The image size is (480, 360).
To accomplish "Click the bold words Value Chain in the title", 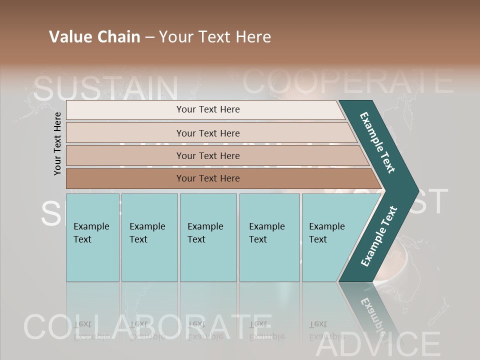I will coord(94,37).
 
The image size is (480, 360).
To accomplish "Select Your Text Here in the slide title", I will coord(215,37).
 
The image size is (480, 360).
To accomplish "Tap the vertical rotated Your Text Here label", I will coord(57,143).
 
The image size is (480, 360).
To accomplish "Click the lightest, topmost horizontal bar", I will coord(207,109).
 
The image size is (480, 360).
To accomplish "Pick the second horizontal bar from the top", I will coord(207,133).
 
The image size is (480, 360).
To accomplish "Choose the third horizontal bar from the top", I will coord(207,155).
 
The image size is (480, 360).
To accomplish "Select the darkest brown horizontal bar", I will coord(207,178).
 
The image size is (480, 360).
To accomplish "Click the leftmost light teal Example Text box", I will coord(92,237).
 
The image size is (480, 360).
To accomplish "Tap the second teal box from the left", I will coord(149,237).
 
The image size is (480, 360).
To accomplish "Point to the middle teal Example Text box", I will coord(208,237).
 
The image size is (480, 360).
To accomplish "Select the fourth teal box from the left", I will coord(269,237).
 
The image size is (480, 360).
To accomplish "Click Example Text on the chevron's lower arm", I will coord(379,236).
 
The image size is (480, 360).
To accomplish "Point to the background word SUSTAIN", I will coord(106,88).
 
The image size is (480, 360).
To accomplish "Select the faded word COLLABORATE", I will coord(147,327).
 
